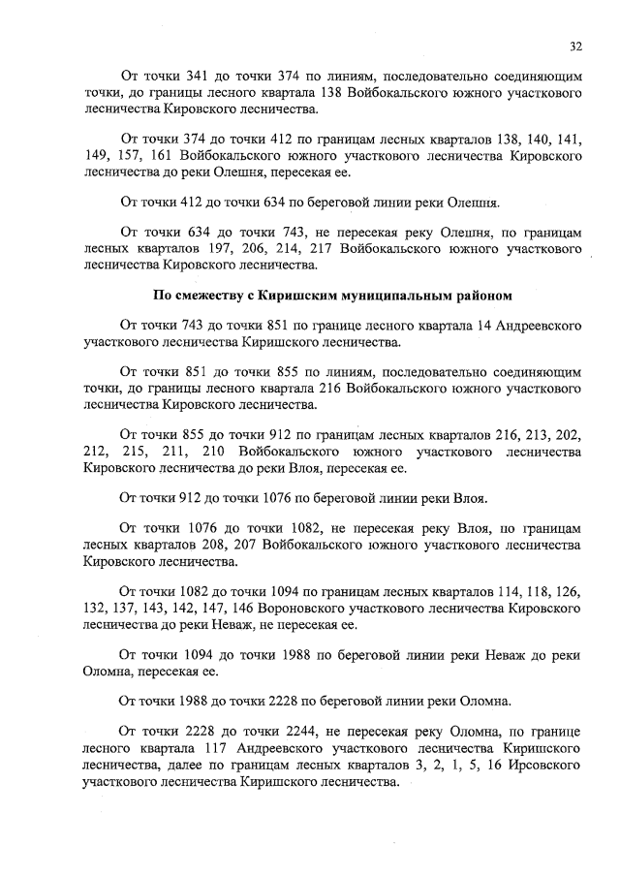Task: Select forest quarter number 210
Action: [x=225, y=452]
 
